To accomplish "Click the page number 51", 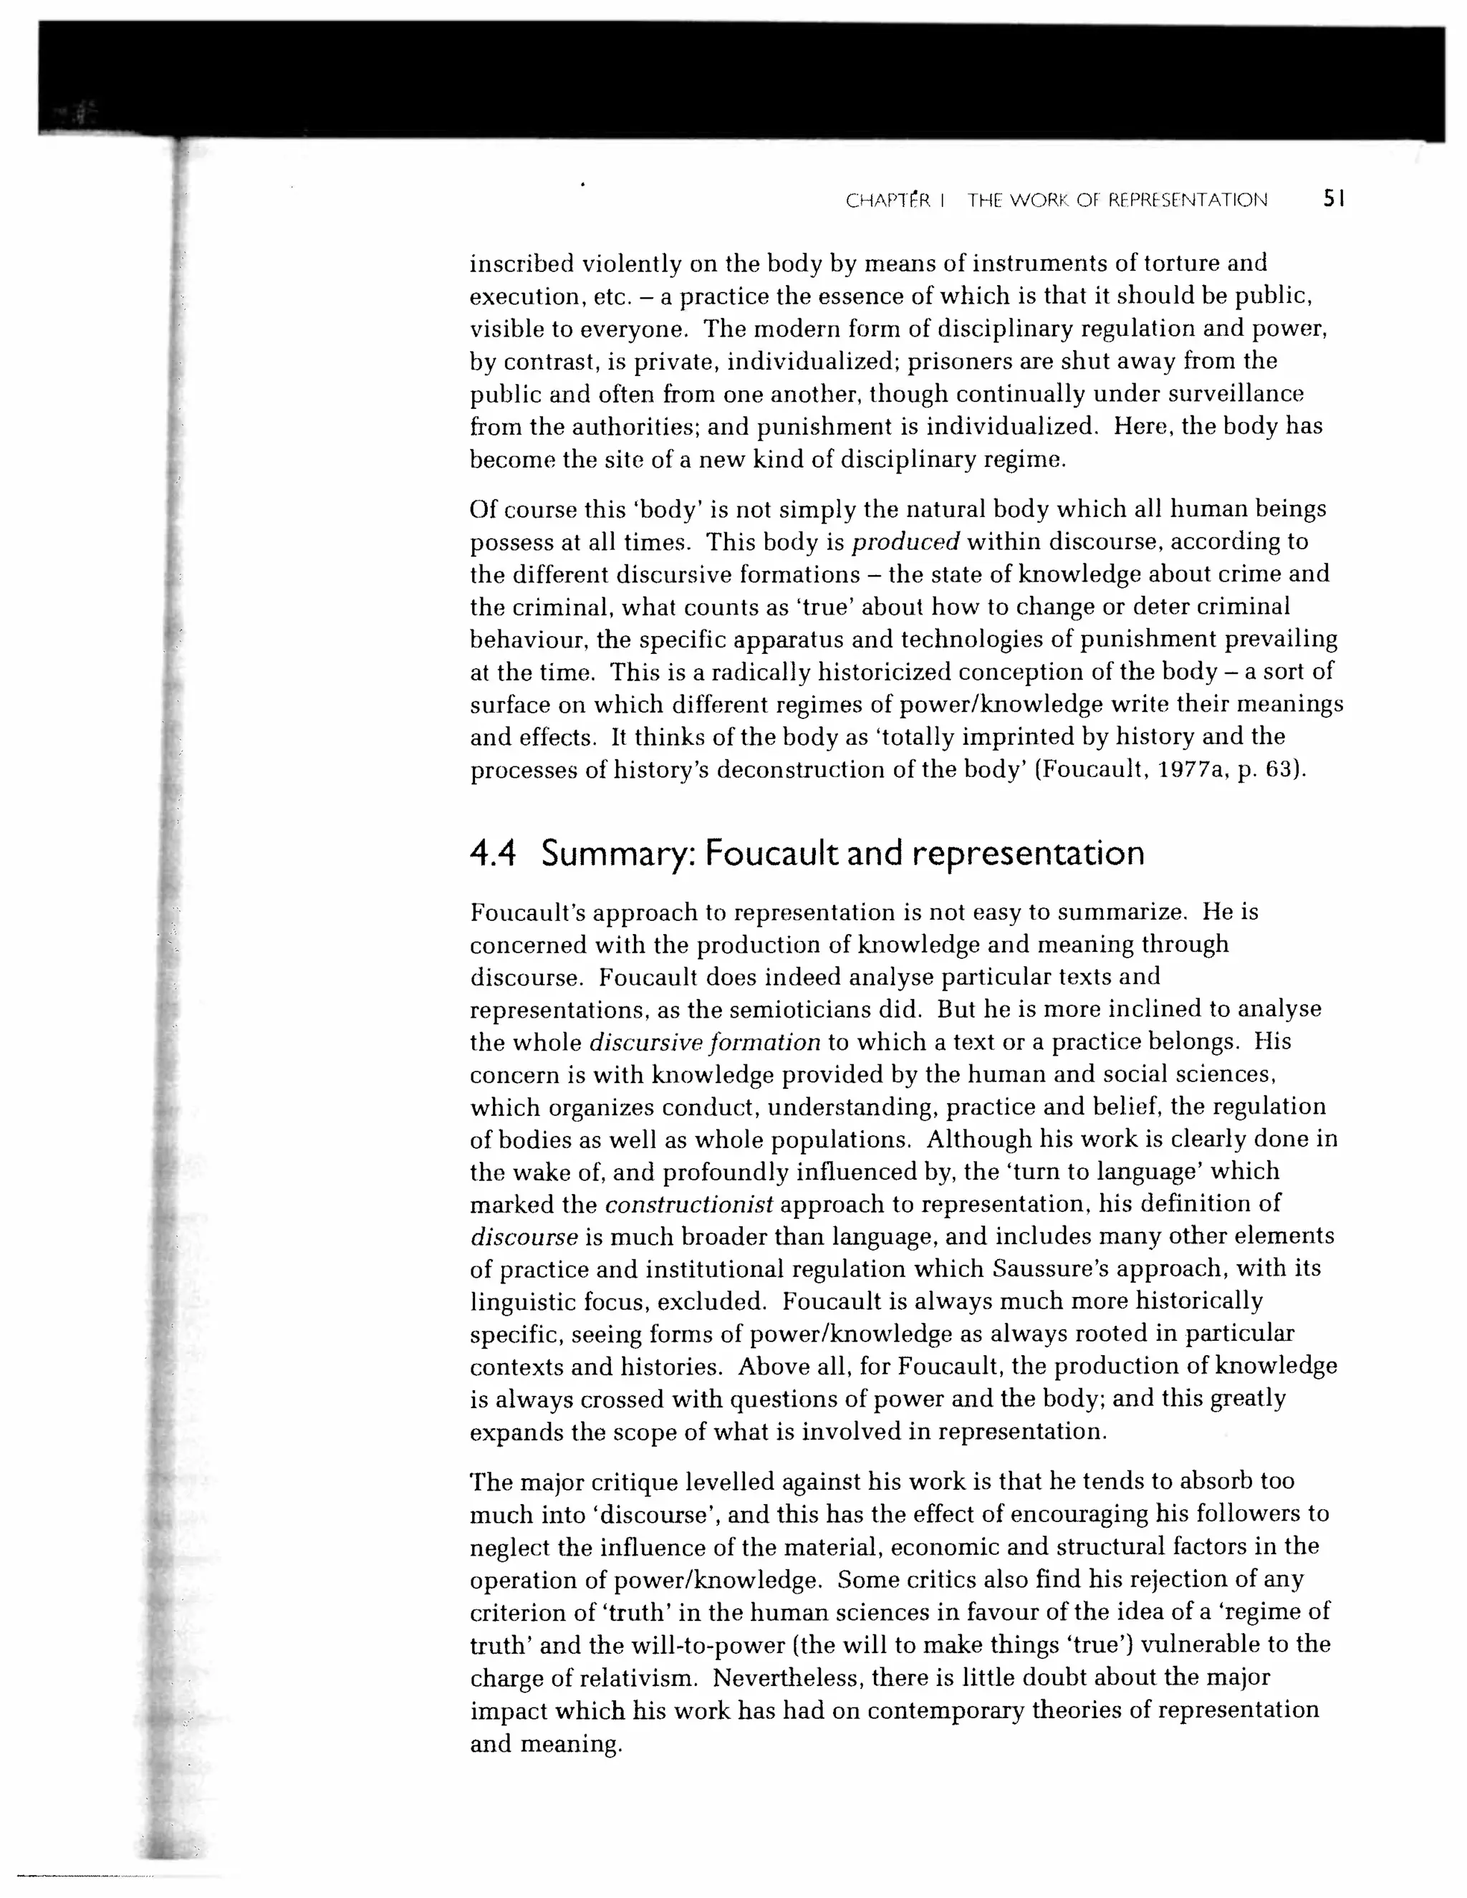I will pyautogui.click(x=1333, y=199).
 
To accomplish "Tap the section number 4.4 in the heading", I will pyautogui.click(x=493, y=854).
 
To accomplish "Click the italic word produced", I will pyautogui.click(x=905, y=542).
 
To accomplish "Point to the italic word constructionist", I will pyautogui.click(x=688, y=1205).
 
